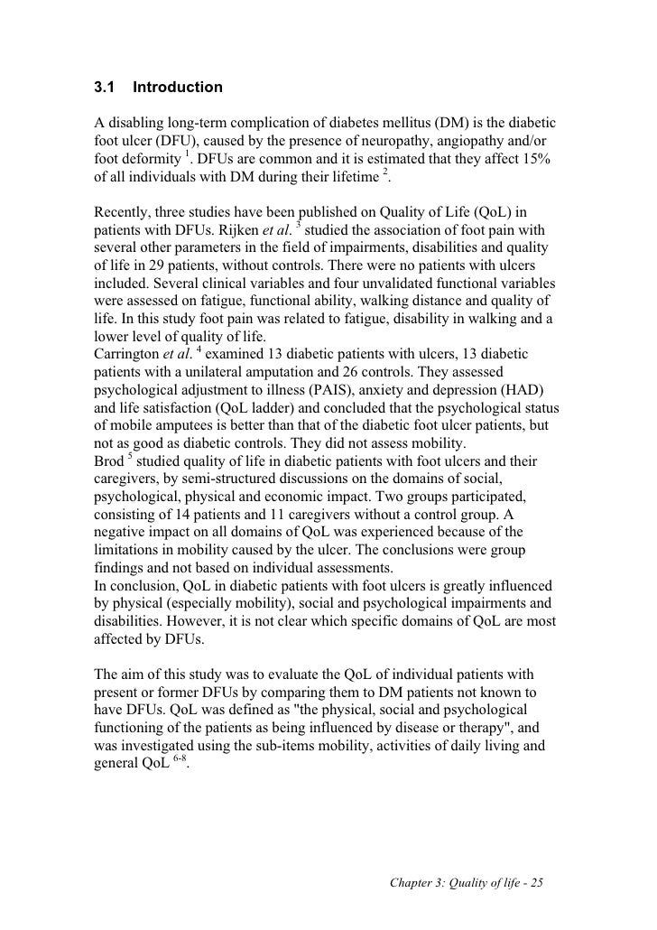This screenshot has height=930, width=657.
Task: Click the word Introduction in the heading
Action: coord(177,88)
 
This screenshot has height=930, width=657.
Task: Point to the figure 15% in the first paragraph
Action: coord(540,159)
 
